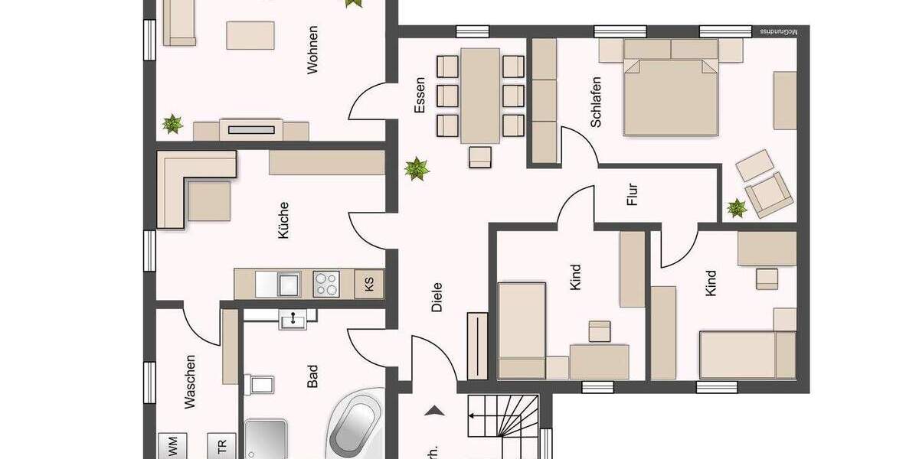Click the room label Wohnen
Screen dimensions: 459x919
312,50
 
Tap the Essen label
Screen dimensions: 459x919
420,98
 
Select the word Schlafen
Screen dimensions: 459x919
596,101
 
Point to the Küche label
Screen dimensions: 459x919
283,220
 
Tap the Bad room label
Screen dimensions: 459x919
312,376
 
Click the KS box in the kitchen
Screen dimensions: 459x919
370,285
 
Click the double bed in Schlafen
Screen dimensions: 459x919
672,96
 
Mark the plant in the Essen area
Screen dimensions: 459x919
417,168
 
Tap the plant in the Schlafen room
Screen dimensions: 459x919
737,207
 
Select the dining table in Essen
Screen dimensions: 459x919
480,96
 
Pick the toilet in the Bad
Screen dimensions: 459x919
257,383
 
